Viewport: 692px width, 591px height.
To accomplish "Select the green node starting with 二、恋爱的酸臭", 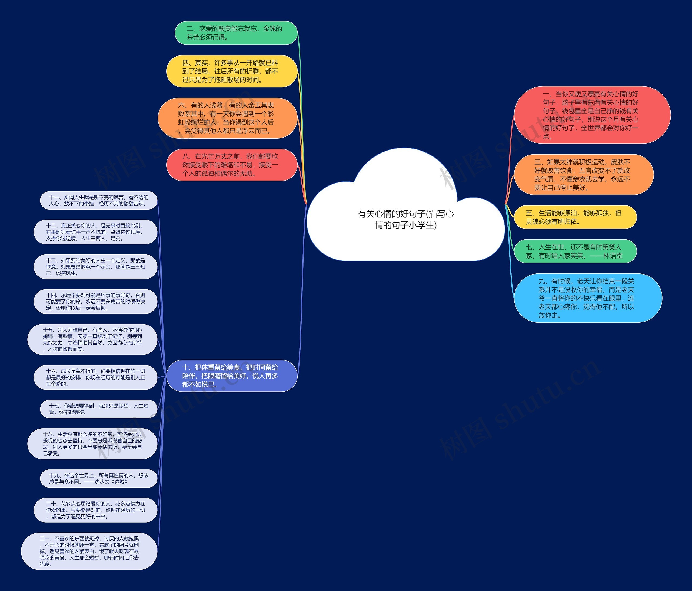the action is [x=236, y=33].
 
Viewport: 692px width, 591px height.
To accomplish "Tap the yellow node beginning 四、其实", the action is [x=232, y=71].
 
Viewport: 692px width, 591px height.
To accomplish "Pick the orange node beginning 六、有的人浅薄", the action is [x=227, y=118].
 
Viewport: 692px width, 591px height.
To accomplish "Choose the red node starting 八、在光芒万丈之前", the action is [x=232, y=165].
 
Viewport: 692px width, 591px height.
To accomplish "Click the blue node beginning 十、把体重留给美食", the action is [x=232, y=376].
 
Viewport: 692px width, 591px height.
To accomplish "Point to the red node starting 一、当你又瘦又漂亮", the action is [x=593, y=115].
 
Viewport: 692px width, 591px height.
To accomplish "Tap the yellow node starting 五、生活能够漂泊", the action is [x=575, y=217].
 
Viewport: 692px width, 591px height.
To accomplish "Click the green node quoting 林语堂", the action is [x=575, y=251].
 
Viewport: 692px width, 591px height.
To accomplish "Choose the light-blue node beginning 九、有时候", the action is [x=588, y=298].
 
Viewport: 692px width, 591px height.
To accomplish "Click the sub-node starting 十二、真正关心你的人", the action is [x=95, y=232].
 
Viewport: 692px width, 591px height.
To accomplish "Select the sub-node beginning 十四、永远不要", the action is [x=95, y=301].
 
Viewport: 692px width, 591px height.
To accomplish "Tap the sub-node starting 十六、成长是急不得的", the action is [x=95, y=377].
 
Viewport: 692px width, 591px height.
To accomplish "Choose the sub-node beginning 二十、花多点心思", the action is [x=95, y=510].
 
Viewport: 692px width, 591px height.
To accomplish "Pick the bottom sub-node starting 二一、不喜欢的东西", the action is [x=89, y=551].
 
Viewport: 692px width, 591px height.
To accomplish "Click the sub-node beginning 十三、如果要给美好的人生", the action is [x=95, y=267].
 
